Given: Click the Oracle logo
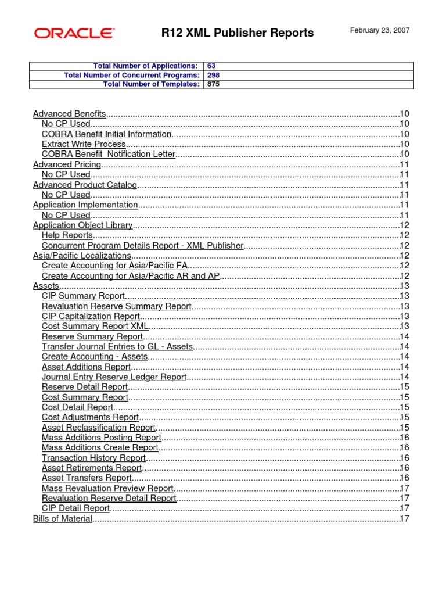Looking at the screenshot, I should tap(74, 33).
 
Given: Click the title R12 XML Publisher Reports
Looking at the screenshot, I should tap(237, 33).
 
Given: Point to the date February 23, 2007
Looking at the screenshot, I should tap(379, 30).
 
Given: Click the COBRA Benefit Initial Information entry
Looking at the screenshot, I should tap(106, 134).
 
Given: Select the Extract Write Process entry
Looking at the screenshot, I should tap(84, 144).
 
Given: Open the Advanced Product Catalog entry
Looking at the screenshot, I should tap(85, 185).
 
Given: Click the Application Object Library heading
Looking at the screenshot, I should tap(82, 225).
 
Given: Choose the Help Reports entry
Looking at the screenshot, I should tap(67, 235).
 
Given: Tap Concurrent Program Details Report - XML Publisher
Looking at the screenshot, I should tap(142, 246).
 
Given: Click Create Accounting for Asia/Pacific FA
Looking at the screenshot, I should tap(113, 266).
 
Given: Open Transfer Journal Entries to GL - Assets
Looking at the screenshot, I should tap(117, 346).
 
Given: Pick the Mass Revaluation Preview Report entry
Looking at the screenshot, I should tap(107, 488).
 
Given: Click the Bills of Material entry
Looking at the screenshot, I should tap(62, 518).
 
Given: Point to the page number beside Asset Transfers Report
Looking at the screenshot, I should tap(405, 478).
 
